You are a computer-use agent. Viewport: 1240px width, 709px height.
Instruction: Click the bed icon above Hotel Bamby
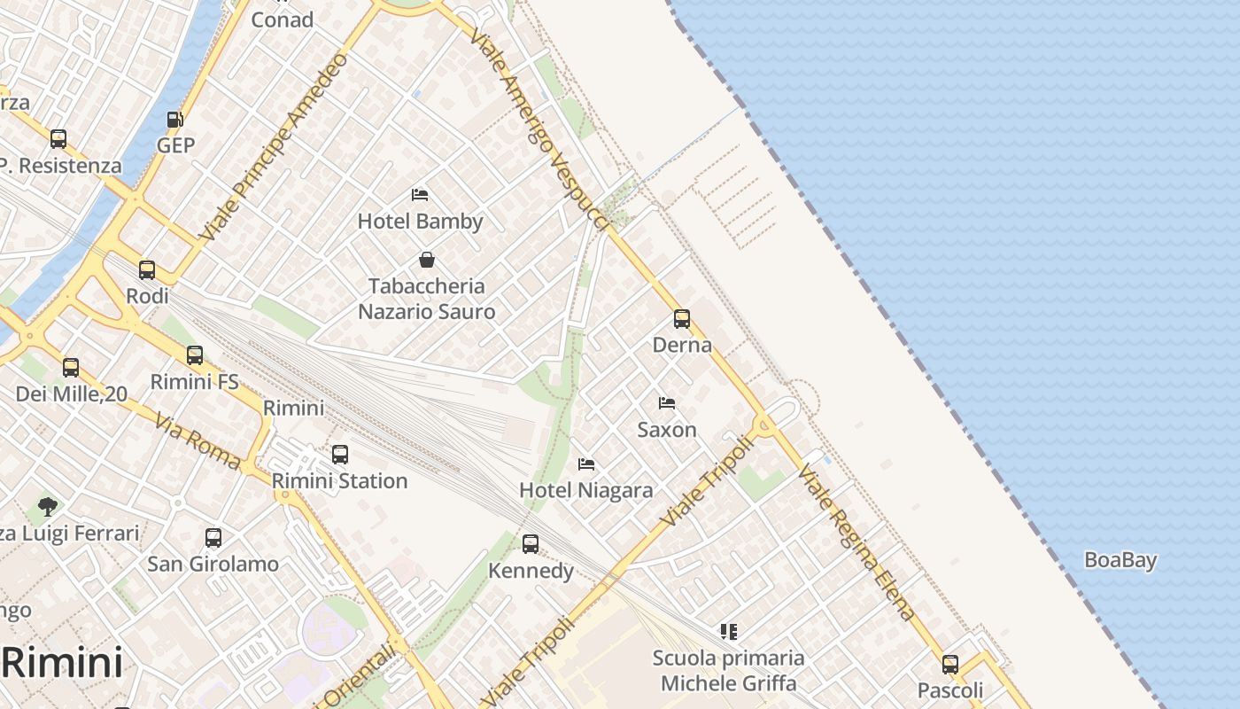(x=420, y=195)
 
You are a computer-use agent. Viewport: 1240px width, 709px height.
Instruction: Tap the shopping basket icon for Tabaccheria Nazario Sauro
(x=426, y=260)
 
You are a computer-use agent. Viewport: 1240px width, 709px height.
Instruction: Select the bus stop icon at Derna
(x=681, y=319)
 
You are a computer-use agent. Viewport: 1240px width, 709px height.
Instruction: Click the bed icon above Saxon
(x=667, y=403)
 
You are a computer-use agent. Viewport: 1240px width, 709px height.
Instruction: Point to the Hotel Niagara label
(x=585, y=490)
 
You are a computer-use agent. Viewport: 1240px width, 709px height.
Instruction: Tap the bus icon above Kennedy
(x=530, y=544)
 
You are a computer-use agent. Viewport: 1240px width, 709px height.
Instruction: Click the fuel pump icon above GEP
(x=175, y=120)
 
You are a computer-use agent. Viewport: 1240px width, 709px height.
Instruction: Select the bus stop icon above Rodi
(x=147, y=269)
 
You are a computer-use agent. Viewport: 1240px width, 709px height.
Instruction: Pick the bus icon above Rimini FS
(x=195, y=355)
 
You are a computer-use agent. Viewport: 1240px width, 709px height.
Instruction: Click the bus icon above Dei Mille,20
(x=71, y=367)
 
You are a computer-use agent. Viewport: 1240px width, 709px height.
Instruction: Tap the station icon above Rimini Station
(x=339, y=455)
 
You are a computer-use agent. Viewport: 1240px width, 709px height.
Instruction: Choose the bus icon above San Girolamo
(x=213, y=537)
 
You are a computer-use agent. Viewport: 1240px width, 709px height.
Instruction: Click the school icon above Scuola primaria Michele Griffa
(x=728, y=632)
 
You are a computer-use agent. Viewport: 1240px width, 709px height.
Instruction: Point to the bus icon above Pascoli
(x=949, y=664)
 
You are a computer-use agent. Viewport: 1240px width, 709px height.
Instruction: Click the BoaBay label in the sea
(x=1120, y=560)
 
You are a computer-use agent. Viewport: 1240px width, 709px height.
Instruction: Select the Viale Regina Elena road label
(x=856, y=541)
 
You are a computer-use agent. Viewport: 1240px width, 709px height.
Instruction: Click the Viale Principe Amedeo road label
(x=274, y=147)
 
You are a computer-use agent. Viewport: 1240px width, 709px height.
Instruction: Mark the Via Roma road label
(x=198, y=440)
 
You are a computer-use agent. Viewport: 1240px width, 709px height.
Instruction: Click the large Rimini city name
(x=62, y=662)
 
